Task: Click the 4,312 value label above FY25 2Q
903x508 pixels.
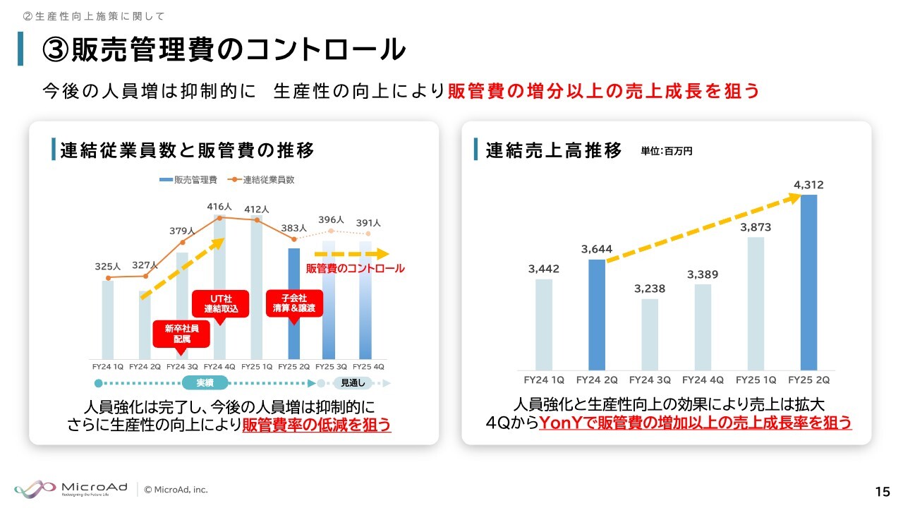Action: (x=808, y=185)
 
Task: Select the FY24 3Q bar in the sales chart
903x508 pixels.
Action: (x=650, y=334)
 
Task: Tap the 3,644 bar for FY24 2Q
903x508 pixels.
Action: (x=597, y=315)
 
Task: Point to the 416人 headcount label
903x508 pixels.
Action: (x=219, y=207)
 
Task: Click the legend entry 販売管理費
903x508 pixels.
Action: (x=188, y=180)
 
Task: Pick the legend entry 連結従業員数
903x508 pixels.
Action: (x=261, y=180)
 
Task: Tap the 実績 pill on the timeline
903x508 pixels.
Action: (x=205, y=382)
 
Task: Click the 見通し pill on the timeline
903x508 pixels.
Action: (x=353, y=382)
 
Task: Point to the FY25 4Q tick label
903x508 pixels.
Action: (x=368, y=367)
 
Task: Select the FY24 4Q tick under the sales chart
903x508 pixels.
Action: (x=703, y=380)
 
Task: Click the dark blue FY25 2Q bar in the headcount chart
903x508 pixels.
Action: (x=294, y=303)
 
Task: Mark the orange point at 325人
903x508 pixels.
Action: (x=108, y=278)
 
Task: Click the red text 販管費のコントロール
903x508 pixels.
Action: (x=355, y=269)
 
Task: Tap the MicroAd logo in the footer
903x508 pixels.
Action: (x=71, y=490)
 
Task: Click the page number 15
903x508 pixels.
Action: (x=883, y=492)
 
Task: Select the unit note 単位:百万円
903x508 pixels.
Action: (x=667, y=151)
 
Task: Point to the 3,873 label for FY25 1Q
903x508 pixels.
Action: (x=756, y=227)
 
